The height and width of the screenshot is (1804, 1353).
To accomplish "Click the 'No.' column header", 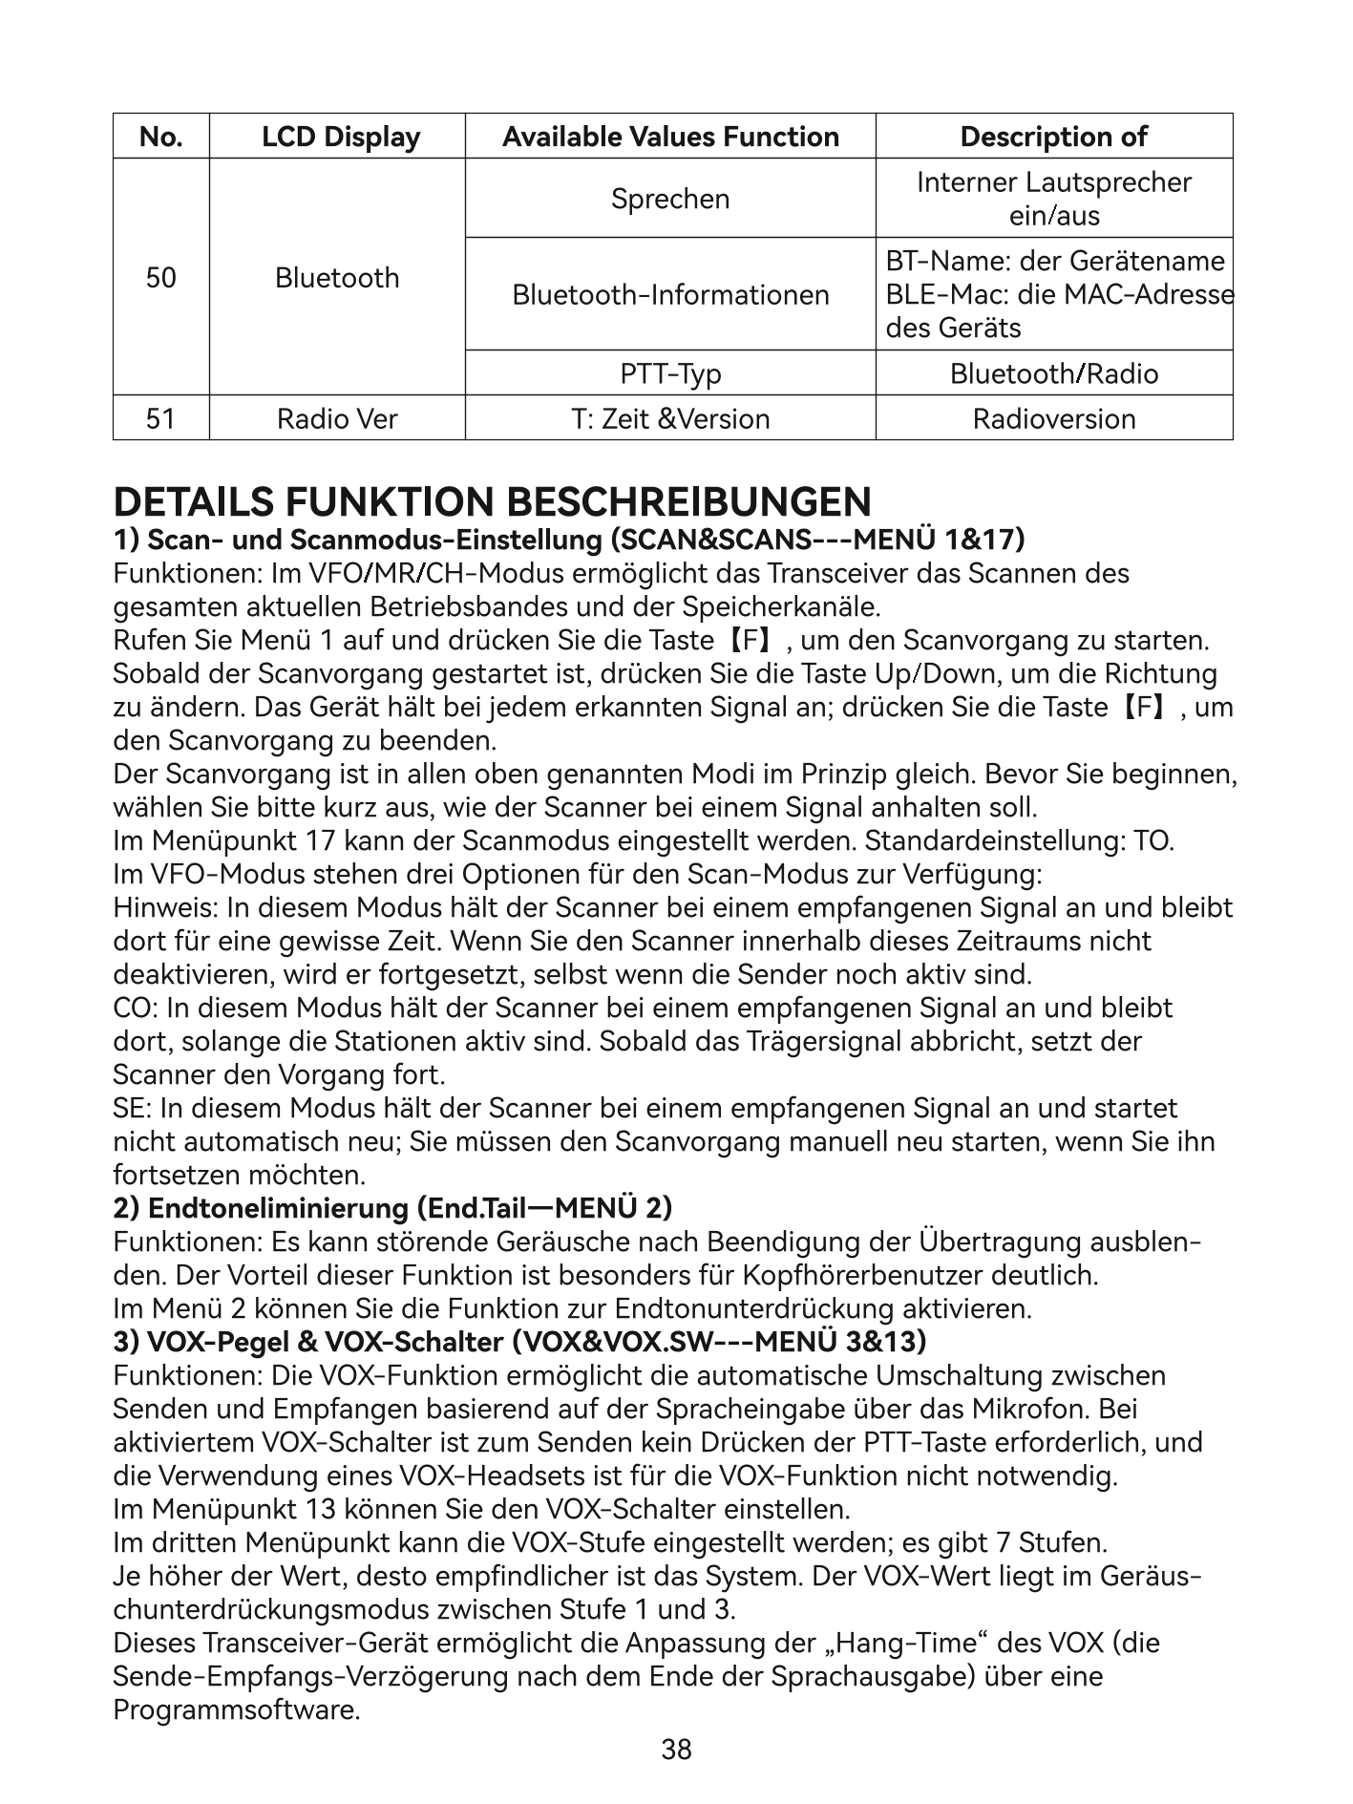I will tap(160, 137).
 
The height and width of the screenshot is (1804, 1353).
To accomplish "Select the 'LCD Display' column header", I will tap(341, 137).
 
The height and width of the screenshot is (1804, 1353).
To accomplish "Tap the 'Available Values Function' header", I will tap(670, 137).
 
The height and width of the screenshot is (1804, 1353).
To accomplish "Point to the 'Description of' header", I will tap(1053, 137).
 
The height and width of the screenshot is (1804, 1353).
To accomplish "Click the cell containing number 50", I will tap(160, 278).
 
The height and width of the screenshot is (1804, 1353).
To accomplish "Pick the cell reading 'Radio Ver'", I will tap(337, 418).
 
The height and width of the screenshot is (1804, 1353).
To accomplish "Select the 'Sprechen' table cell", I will tap(670, 199).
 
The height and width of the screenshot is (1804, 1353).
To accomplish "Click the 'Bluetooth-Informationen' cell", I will tap(670, 294).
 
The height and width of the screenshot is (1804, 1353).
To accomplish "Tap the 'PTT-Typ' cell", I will tap(670, 373).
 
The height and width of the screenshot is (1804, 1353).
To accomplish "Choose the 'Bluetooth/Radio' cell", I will tap(1053, 373).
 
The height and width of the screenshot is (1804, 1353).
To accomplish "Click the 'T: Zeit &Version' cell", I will tap(670, 418).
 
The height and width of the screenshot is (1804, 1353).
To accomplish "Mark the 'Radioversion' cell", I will tap(1053, 418).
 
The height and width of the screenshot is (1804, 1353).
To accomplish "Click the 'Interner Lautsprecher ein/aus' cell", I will tap(1053, 199).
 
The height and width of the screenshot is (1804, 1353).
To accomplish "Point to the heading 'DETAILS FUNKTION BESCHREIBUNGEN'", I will tap(492, 502).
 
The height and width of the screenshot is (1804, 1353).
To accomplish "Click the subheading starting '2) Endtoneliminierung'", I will tap(392, 1208).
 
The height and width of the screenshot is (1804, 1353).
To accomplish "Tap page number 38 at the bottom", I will tap(676, 1750).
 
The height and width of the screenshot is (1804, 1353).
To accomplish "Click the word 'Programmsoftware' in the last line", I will tap(236, 1709).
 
